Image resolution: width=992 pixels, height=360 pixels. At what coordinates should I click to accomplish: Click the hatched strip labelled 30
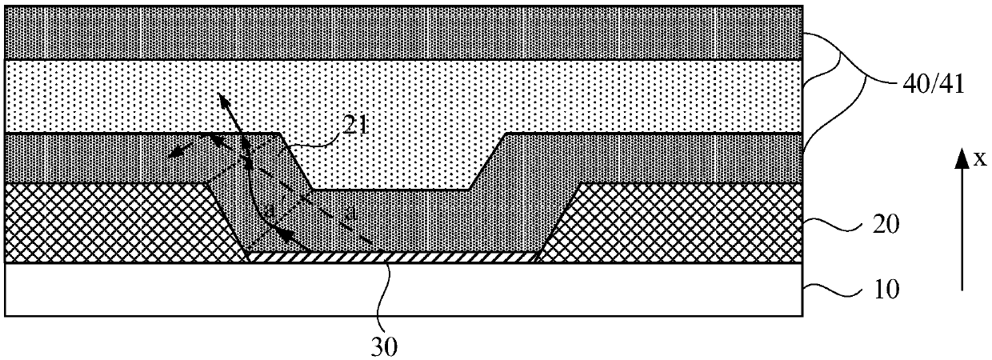coord(392,258)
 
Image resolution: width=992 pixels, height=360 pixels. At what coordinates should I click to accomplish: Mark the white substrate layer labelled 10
coord(400,290)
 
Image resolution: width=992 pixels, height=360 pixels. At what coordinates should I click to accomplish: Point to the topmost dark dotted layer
coord(400,32)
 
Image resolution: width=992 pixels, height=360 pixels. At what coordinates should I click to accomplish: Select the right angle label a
coord(346,213)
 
